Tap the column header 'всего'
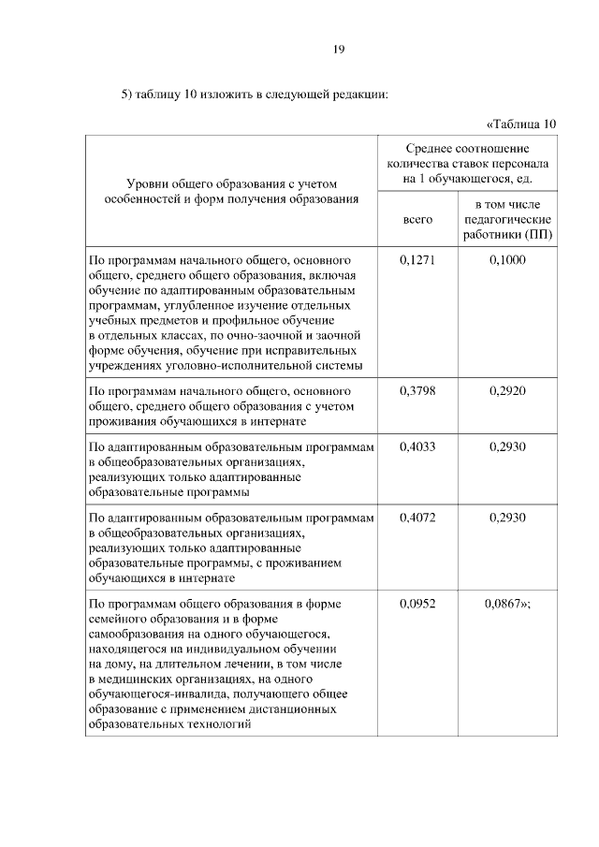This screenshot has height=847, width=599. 417,218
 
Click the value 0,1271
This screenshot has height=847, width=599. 417,259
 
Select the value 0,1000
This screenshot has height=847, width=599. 507,259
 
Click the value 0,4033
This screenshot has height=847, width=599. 417,447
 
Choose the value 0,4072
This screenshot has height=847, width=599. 417,517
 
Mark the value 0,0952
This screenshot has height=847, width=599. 417,604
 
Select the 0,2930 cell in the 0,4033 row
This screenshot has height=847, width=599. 507,447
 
